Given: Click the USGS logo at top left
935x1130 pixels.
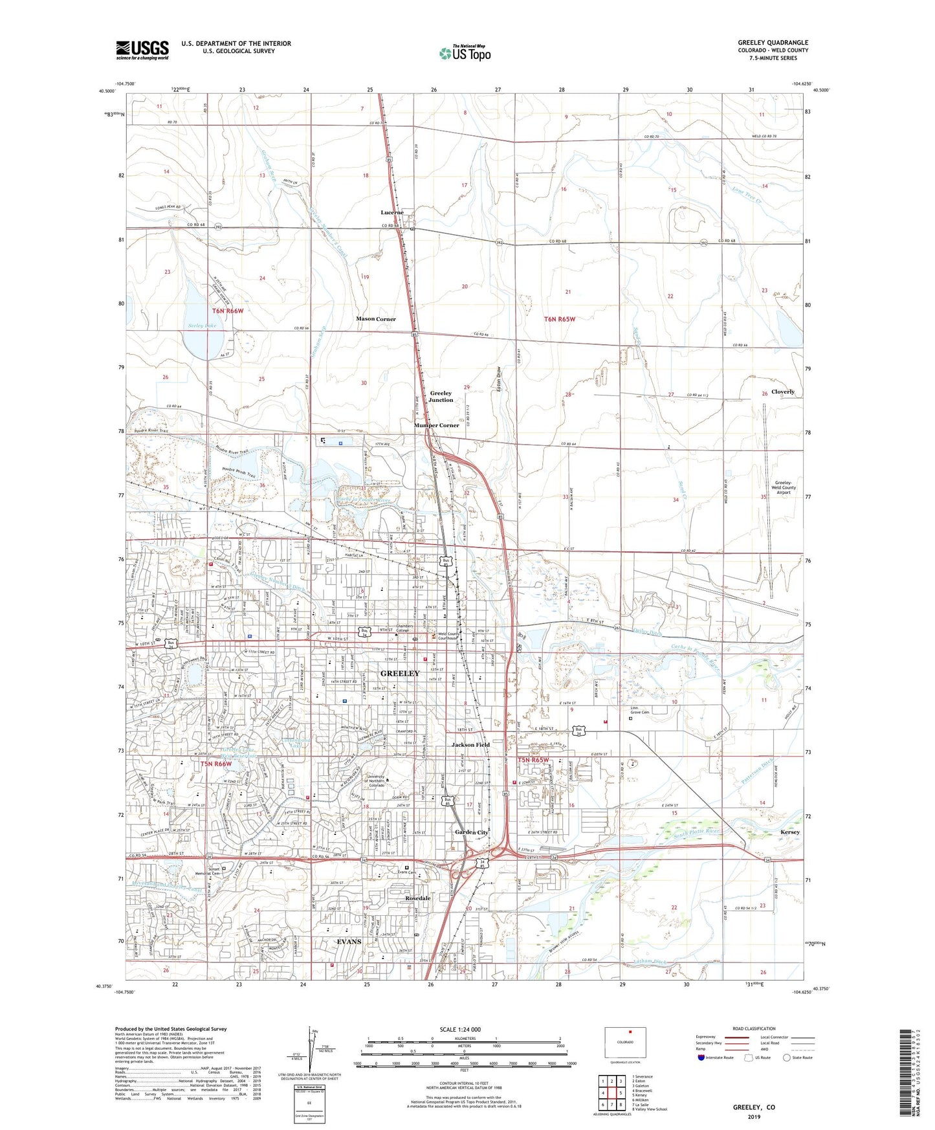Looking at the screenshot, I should coord(142,49).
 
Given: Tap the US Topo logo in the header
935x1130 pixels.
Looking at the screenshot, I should coord(464,53).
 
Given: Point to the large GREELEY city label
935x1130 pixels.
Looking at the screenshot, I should coord(400,673).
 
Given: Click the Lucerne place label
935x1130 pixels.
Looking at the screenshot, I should coord(392,212).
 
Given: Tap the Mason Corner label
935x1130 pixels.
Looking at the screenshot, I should coord(376,319).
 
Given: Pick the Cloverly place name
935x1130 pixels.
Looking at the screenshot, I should coord(782,392).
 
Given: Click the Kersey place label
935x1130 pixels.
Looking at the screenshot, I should coord(790,832).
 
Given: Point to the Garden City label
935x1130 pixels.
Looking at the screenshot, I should coord(471,832).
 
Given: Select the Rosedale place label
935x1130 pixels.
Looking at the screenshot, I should coord(418,898).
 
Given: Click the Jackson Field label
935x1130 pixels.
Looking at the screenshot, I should coord(470,745).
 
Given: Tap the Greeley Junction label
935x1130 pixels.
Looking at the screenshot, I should coord(441,397).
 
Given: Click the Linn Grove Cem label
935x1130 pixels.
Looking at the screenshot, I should coord(640,711).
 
